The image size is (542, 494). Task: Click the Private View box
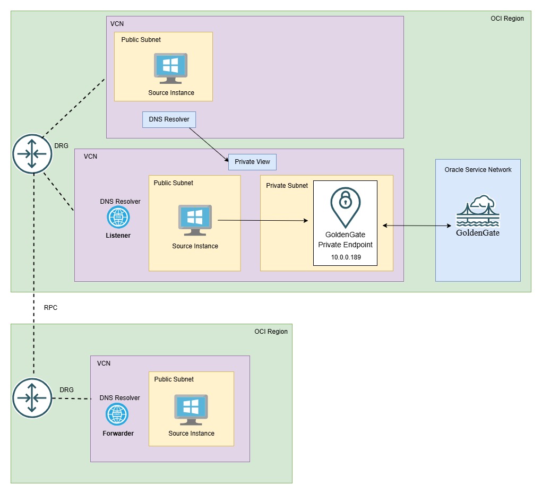click(x=252, y=162)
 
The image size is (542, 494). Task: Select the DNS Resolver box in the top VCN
click(x=169, y=119)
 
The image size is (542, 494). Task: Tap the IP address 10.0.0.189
click(x=345, y=258)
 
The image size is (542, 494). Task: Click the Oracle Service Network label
click(x=478, y=170)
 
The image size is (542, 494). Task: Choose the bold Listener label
click(x=118, y=235)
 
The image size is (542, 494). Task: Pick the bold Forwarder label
click(x=118, y=434)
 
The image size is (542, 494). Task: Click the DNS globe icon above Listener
click(x=118, y=217)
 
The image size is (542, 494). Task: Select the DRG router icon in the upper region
click(x=33, y=154)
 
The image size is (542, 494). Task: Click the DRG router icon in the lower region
click(x=33, y=398)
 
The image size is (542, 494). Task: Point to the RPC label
click(x=50, y=307)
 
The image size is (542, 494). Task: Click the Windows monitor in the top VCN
click(x=170, y=68)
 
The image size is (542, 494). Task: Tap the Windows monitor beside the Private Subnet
click(x=195, y=220)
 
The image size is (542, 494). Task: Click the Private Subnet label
click(x=287, y=186)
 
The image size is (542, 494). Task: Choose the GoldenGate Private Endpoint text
click(x=345, y=239)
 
